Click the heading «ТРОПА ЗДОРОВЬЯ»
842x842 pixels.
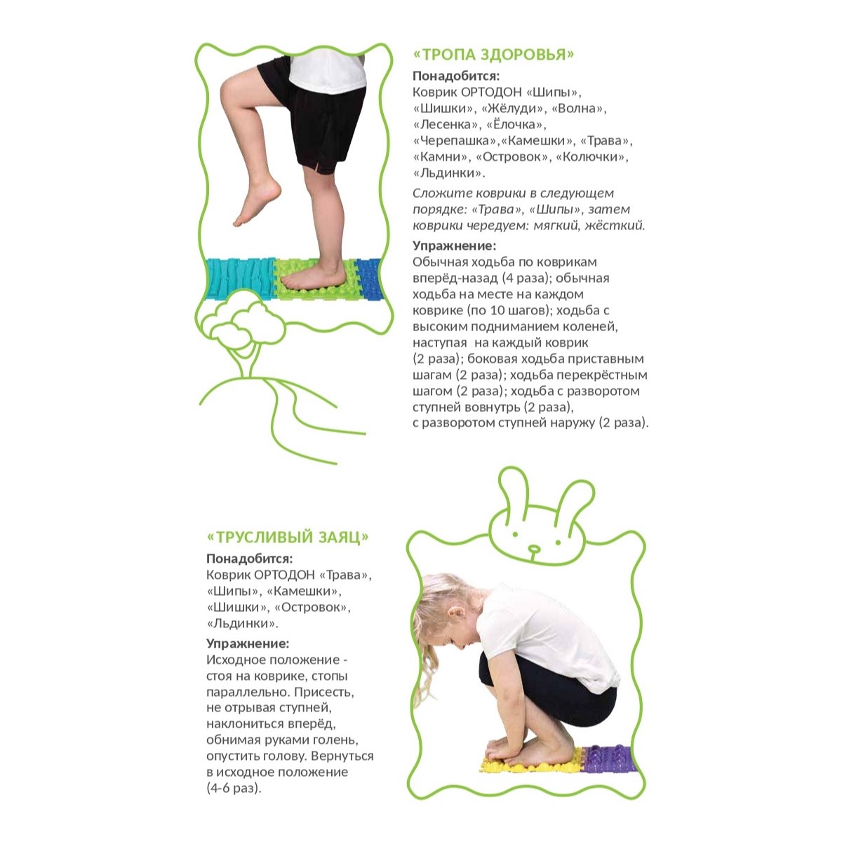(493, 55)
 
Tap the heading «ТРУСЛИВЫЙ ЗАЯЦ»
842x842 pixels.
(288, 537)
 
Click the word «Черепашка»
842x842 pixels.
(455, 141)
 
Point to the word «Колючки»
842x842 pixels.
(592, 156)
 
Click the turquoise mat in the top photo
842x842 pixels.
(239, 279)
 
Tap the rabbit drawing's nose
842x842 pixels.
(534, 548)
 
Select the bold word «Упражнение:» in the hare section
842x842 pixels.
(248, 643)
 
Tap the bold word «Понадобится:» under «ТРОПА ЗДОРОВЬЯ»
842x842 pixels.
(456, 76)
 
